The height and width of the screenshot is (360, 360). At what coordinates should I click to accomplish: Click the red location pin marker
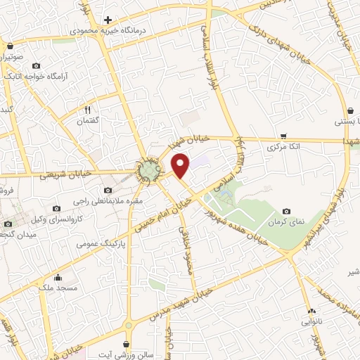point(181,165)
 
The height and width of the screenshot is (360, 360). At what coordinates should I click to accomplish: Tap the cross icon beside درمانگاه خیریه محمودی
point(108,20)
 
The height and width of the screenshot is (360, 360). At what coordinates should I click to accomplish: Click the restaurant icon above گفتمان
point(88,110)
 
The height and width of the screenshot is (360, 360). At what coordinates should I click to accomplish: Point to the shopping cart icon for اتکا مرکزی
point(283,136)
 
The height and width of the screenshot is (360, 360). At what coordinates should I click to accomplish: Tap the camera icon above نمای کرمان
point(287,211)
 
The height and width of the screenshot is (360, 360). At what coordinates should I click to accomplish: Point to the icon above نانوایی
point(311,309)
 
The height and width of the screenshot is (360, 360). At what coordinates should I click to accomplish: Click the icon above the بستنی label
point(350,110)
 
